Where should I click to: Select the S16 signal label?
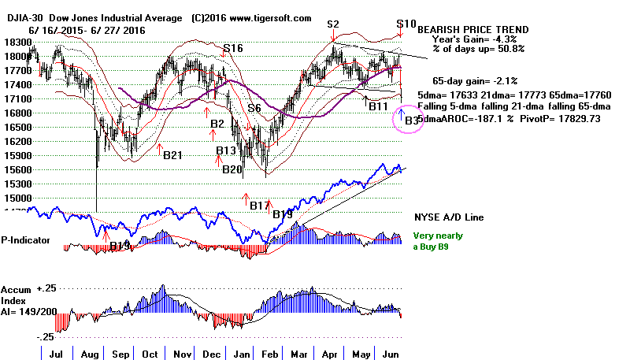232,49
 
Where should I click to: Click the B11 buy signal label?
378,106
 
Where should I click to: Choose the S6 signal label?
254,108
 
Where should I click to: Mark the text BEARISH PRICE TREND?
472,30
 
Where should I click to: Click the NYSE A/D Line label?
450,217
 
